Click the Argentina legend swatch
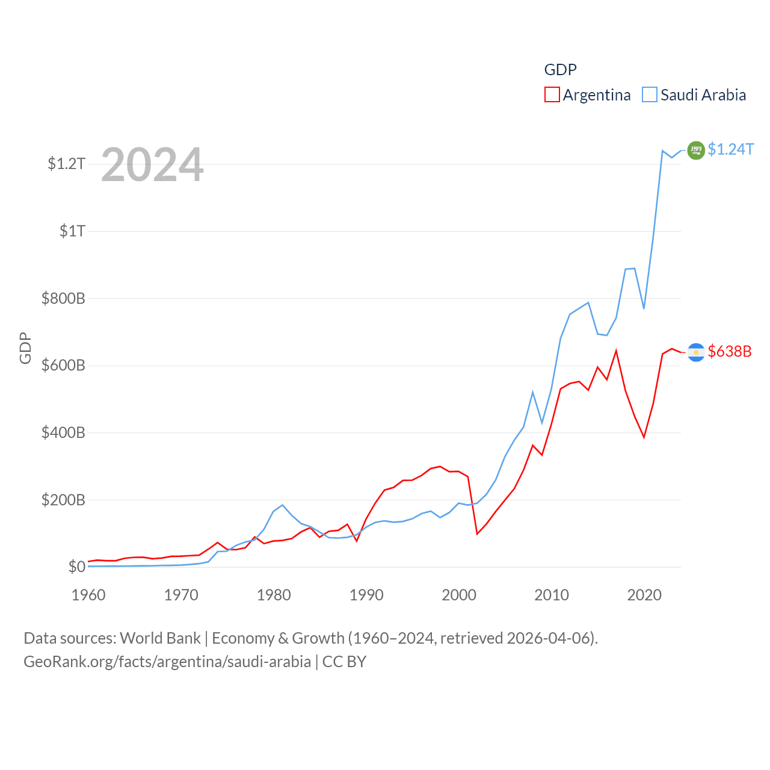552,95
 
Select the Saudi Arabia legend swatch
650,95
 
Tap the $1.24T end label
730,149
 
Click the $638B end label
730,351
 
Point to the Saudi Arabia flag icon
696,150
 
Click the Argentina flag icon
696,352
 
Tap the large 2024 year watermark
152,165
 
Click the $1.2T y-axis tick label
67,164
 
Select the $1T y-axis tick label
73,231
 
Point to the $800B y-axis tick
63,298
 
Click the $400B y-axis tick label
63,433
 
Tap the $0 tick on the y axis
76,567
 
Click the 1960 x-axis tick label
88,595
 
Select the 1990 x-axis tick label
366,595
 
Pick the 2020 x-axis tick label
644,595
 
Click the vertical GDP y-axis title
25,348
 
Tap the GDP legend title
560,70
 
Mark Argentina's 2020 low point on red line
644,437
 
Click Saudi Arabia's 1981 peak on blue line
282,505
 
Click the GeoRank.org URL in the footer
167,662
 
